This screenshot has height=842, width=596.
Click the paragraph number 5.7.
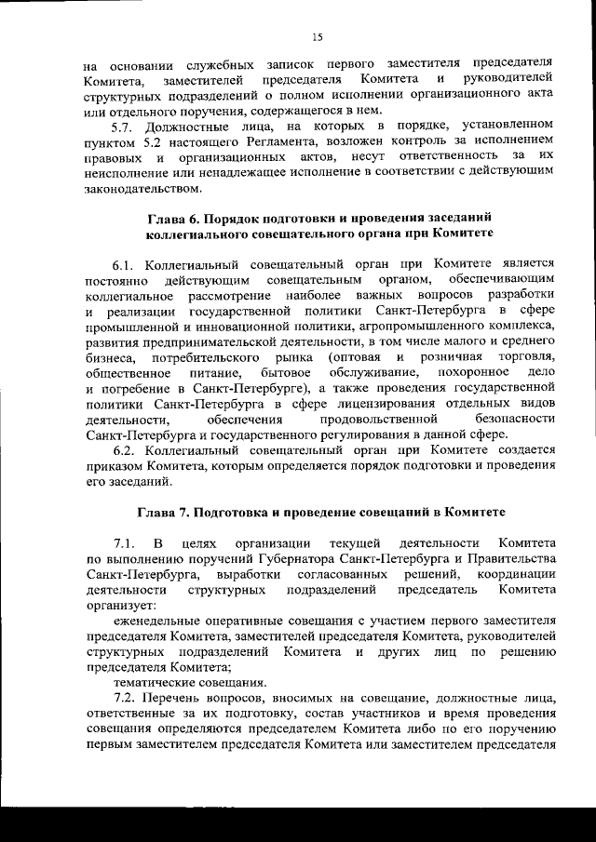point(125,125)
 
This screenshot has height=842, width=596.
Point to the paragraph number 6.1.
point(125,263)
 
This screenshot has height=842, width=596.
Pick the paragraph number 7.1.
point(125,542)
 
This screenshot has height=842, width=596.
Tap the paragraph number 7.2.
point(125,697)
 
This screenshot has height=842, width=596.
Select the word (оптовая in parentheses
point(352,356)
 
